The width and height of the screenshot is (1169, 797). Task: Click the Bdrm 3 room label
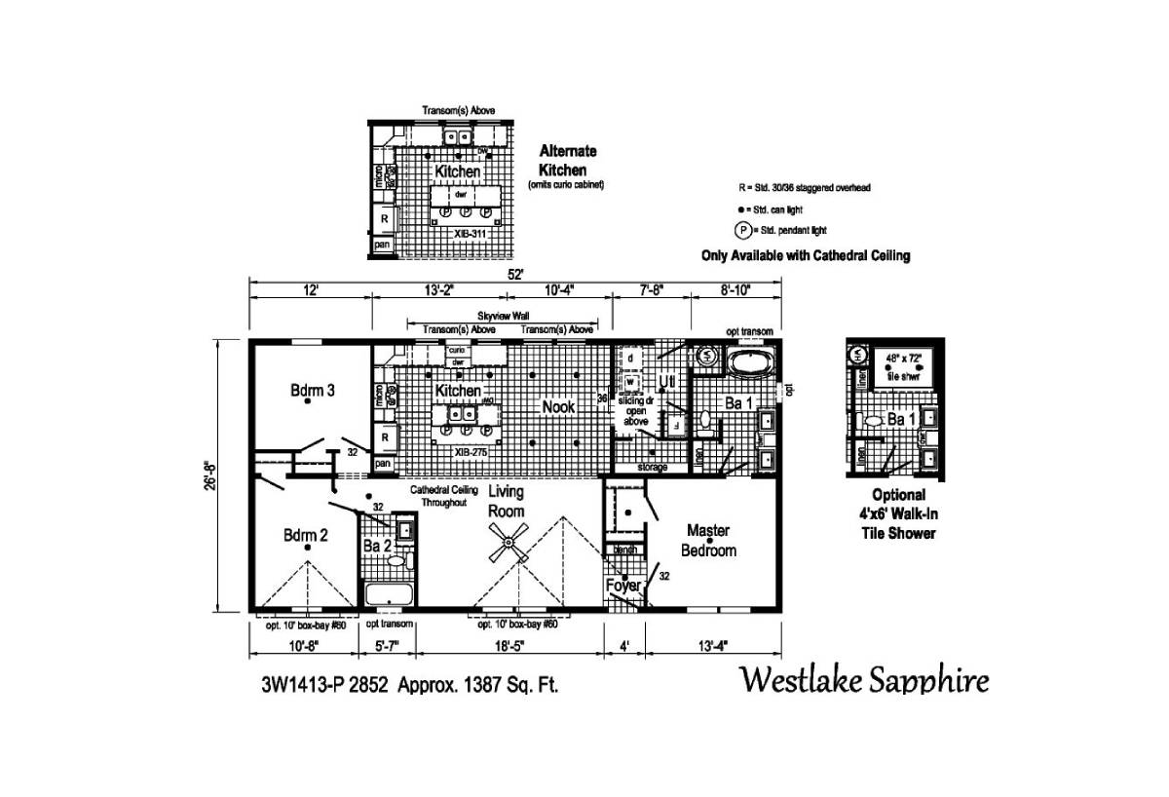click(x=313, y=391)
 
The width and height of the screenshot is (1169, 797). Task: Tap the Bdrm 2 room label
click(x=305, y=535)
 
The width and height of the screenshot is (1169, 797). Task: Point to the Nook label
click(x=558, y=407)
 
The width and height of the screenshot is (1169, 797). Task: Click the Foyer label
click(x=623, y=586)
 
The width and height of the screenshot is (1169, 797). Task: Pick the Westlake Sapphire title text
click(x=864, y=679)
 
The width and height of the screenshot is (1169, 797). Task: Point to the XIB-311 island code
click(x=469, y=234)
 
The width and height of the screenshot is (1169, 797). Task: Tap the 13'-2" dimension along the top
click(x=439, y=289)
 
